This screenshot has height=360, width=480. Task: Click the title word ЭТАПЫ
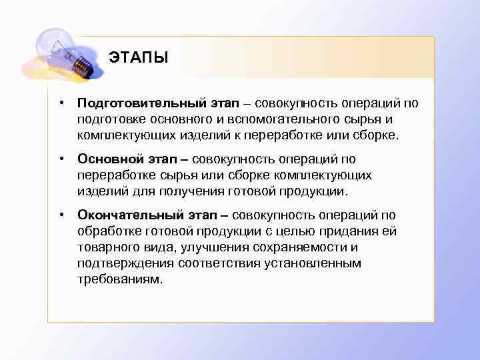pyautogui.click(x=139, y=57)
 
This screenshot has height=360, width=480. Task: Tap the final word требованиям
pyautogui.click(x=119, y=279)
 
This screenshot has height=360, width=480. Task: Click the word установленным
pyautogui.click(x=317, y=263)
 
